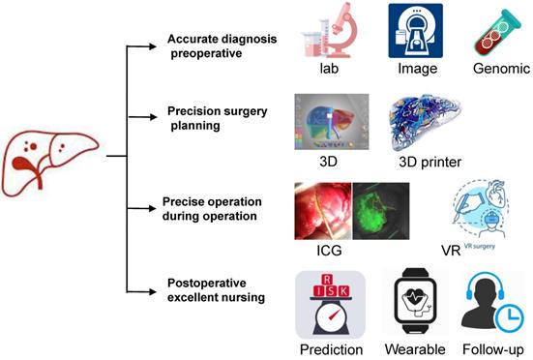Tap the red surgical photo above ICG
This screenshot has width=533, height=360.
[x=322, y=213]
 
